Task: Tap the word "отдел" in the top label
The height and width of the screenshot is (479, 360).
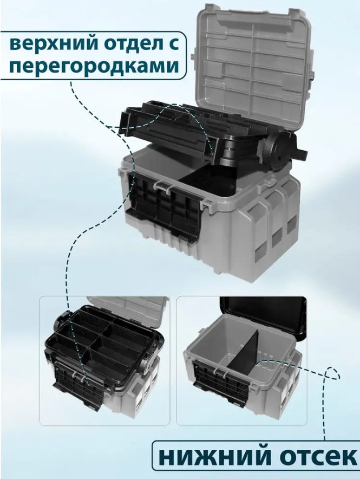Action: click(x=123, y=44)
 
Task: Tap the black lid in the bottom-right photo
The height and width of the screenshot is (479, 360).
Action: click(x=263, y=316)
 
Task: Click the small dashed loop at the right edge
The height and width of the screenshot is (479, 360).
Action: click(x=332, y=372)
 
